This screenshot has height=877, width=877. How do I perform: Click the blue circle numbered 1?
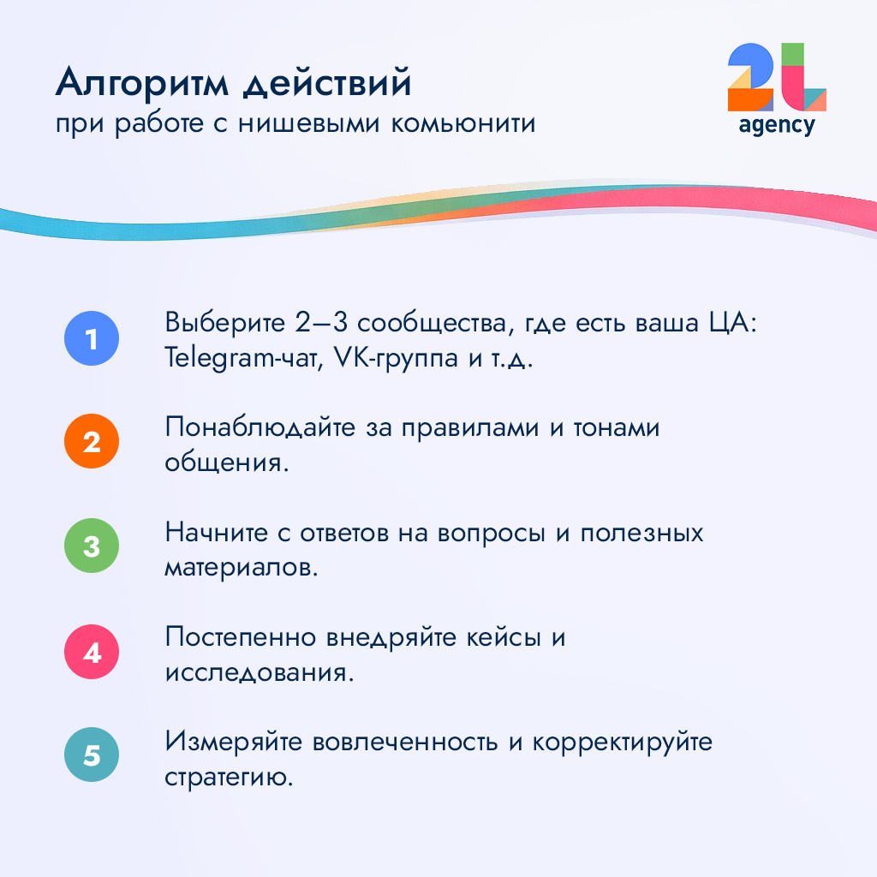pos(92,339)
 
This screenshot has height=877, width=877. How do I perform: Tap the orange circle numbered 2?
pos(92,442)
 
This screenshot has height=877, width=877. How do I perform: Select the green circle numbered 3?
pos(92,546)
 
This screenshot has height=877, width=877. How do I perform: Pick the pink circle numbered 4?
pos(92,653)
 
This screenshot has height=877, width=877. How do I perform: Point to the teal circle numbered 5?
pos(92,755)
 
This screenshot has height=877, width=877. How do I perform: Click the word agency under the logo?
pos(777,125)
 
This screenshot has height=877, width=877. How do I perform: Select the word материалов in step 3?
pos(241,567)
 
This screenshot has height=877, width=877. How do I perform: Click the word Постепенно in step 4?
pos(242,639)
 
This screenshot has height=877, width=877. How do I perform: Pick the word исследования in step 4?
pos(259,672)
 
